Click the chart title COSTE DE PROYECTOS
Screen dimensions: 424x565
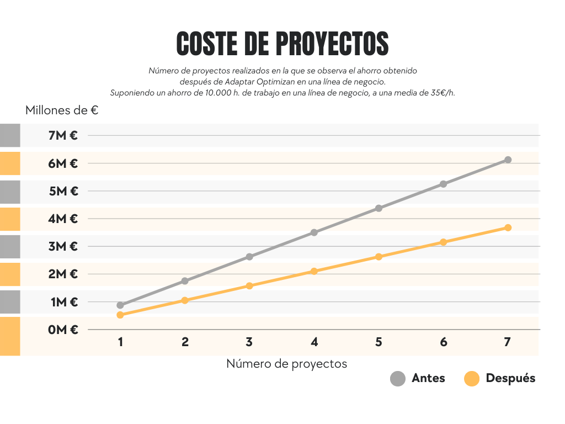tap(282, 44)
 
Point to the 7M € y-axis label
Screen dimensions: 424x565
tap(63, 135)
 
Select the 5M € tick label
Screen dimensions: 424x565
tap(63, 191)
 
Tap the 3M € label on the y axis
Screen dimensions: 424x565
tap(63, 246)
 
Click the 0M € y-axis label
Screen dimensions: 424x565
tap(63, 330)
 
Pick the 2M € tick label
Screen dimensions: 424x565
tap(63, 274)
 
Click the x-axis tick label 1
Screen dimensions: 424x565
tap(120, 342)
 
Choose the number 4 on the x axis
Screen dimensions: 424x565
tap(314, 342)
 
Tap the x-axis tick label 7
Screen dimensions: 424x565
tap(507, 342)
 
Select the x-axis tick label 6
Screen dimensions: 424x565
tap(443, 342)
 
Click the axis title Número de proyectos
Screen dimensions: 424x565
tap(286, 364)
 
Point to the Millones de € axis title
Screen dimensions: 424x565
tap(62, 110)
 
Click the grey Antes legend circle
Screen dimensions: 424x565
tap(397, 379)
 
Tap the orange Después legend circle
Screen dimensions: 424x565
tap(472, 379)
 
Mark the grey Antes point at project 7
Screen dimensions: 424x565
tap(508, 160)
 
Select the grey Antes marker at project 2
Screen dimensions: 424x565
tap(185, 281)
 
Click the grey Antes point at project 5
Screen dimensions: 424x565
tap(379, 208)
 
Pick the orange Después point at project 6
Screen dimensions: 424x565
tap(443, 242)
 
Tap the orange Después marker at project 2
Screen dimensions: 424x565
tap(185, 300)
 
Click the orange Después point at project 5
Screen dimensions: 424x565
tap(379, 257)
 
